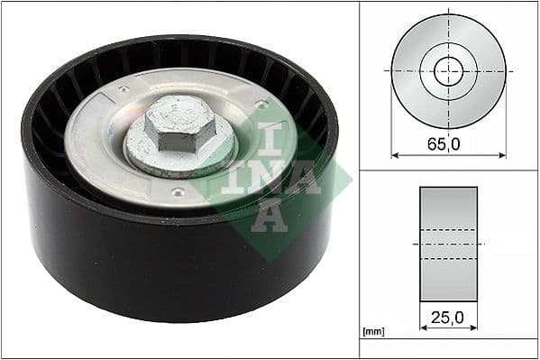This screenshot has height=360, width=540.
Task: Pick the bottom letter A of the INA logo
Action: tap(270, 217)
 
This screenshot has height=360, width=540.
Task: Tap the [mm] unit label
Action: tap(371, 332)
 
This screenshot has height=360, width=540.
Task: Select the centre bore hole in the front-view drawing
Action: tap(448, 71)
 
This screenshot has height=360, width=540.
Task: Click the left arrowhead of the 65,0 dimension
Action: tap(395, 154)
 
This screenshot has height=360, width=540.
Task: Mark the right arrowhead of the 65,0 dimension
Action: tap(502, 154)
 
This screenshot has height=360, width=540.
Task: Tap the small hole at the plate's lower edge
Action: tap(178, 192)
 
